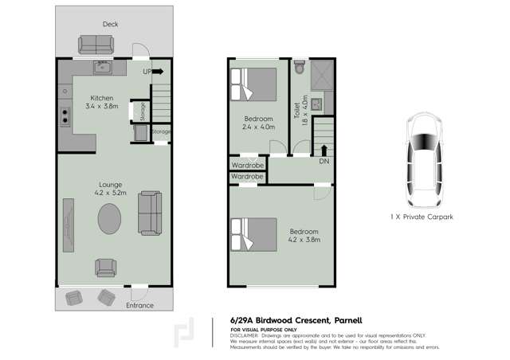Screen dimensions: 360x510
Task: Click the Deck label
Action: [110, 25]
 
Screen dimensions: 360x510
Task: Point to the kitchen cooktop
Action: [64, 118]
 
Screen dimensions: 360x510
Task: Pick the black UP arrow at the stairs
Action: [158, 72]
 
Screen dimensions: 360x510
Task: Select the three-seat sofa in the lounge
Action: [149, 213]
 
